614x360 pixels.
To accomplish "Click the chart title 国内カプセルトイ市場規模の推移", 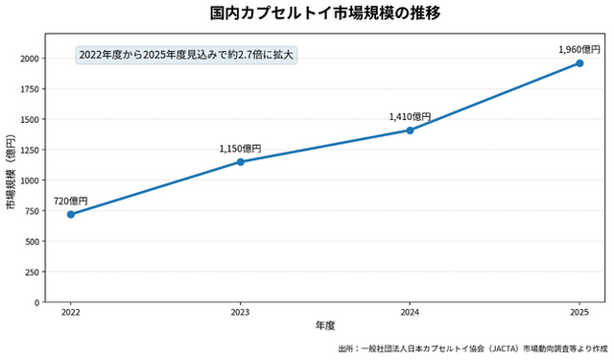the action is click(x=325, y=12).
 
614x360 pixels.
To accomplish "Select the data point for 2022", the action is click(x=71, y=214).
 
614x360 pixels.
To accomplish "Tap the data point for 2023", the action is click(x=241, y=162).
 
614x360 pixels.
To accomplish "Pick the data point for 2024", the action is click(x=410, y=131).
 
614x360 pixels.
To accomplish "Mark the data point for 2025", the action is click(x=579, y=63).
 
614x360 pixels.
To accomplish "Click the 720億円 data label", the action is click(x=70, y=202).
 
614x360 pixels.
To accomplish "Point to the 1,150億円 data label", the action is click(x=240, y=149).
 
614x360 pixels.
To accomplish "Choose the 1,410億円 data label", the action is click(x=410, y=117).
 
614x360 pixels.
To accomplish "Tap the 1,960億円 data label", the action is click(x=579, y=50).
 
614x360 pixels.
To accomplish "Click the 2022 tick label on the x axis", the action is click(x=71, y=312).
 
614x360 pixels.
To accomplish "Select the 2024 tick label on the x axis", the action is click(x=410, y=312).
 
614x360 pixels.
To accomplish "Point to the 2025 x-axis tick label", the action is click(x=579, y=312).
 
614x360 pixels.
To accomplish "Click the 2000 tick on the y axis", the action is click(x=30, y=59).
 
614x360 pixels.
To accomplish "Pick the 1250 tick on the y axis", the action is click(x=30, y=150).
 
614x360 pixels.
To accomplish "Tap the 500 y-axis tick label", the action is click(x=33, y=242).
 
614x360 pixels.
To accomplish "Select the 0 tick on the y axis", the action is click(x=37, y=302).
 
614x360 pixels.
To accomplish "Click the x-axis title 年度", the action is click(x=325, y=325).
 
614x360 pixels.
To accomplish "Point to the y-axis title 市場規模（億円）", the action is click(x=11, y=172).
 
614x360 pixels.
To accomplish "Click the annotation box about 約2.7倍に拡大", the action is click(x=186, y=55).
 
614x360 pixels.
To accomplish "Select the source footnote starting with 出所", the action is click(x=473, y=348).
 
